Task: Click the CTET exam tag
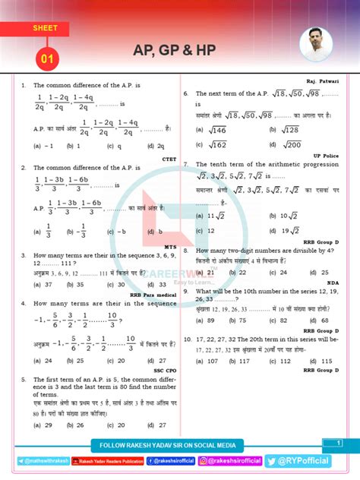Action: point(169,159)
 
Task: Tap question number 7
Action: point(186,163)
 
